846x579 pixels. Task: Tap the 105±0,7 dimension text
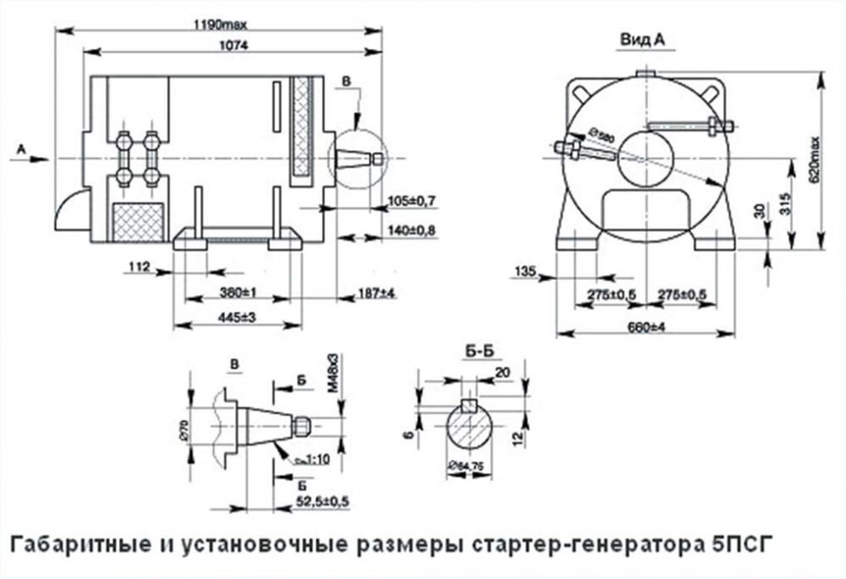(410, 202)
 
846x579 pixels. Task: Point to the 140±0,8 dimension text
(410, 231)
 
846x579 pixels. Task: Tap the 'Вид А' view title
(642, 39)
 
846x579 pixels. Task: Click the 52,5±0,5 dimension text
(323, 502)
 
